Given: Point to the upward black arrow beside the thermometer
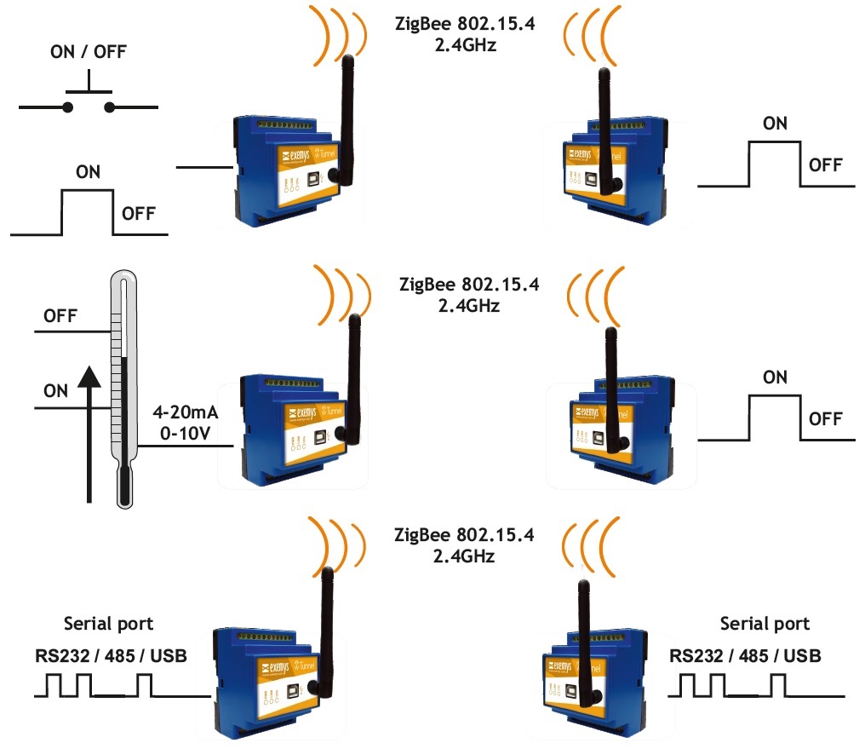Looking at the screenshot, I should [89, 435].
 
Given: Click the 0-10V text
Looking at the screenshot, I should [184, 435].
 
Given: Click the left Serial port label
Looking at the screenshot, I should [109, 624].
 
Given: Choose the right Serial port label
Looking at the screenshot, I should [765, 624].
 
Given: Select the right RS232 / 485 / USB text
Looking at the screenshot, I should [746, 656].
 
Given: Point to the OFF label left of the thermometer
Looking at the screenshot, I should [60, 316].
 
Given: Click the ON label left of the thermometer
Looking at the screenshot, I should [55, 391].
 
